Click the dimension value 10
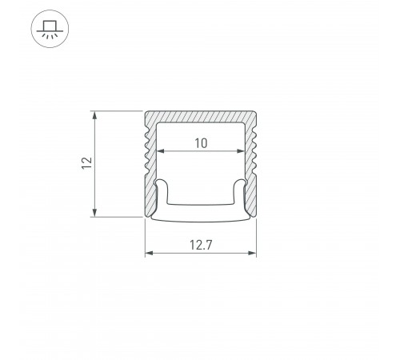(200, 143)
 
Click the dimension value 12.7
(200, 244)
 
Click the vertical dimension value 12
(86, 162)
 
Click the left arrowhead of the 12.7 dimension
(147, 255)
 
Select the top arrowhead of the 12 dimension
(96, 112)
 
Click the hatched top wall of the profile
(200, 116)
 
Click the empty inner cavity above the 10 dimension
(200, 130)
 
